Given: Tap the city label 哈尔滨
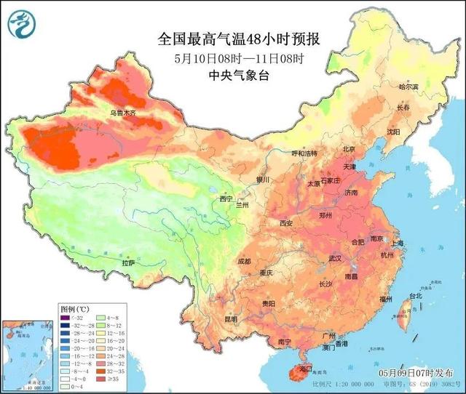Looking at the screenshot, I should coord(410,87).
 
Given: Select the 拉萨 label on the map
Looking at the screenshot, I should coord(128,263).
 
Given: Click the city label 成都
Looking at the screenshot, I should coord(243,261).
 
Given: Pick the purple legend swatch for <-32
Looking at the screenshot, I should coord(66,317).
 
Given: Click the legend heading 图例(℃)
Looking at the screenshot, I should coord(73,308).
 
